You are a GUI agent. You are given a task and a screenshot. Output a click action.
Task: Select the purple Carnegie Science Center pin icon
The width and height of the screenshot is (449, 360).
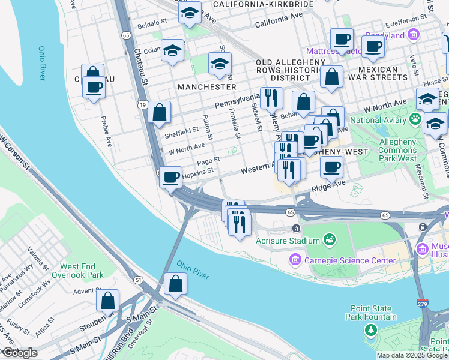(295, 260)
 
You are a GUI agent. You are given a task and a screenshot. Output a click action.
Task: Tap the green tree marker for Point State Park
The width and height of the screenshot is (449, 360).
(372, 329)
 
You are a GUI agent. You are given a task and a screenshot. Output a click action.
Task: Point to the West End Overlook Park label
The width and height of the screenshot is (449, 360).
(82, 271)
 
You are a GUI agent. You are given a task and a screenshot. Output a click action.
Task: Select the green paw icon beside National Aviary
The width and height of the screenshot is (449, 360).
(415, 119)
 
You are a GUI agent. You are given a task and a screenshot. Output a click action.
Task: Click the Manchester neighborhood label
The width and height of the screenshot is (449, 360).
(206, 87)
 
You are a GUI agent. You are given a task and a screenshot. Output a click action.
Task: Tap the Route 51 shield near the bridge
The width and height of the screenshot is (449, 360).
(139, 280)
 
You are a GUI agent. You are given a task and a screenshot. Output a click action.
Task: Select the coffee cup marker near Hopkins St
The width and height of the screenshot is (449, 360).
(171, 178)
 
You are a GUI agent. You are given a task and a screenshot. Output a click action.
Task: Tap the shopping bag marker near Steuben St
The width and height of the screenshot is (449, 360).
(108, 300)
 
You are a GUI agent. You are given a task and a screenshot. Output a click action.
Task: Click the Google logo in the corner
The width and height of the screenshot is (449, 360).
(19, 353)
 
